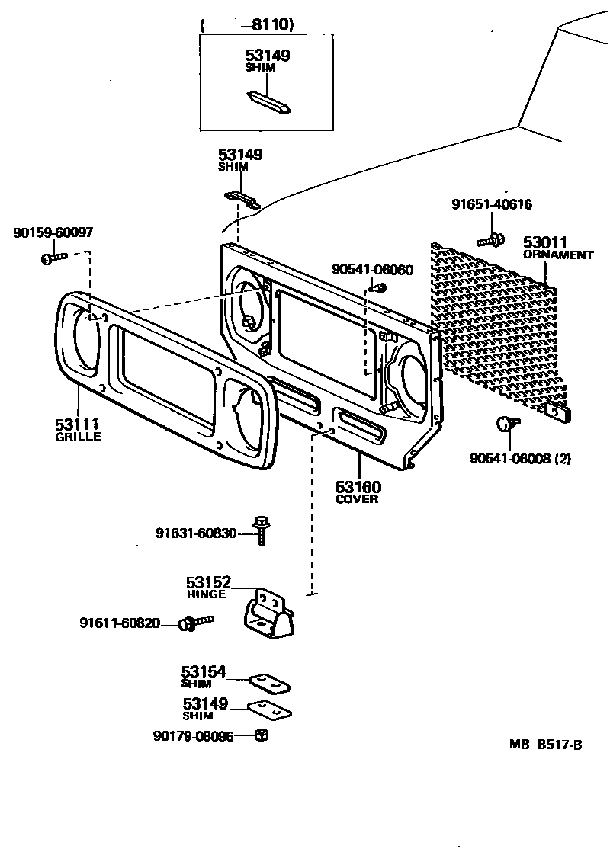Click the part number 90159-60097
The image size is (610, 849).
pos(53,232)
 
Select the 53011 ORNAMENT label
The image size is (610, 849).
pos(557,248)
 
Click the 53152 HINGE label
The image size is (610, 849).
pos(207,587)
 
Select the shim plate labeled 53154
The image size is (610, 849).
pos(269,682)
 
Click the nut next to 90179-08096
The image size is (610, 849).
pos(261,735)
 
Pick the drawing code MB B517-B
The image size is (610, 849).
pos(551,745)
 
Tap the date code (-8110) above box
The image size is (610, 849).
pos(247,25)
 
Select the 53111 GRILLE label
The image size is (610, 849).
pos(78,428)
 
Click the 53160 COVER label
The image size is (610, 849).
pos(358,492)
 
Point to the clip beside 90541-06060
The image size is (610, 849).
pos(379,287)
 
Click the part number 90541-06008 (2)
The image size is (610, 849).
pos(520,458)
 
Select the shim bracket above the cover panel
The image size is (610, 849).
pos(242,200)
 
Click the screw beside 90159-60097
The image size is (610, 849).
pos(53,258)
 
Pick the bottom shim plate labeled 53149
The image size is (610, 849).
pos(271,710)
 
